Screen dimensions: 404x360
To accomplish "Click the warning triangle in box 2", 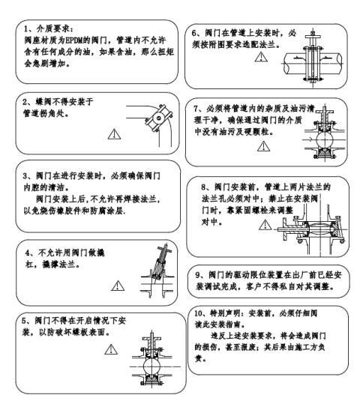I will (x=114, y=133).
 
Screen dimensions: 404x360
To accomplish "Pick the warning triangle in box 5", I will (x=113, y=349).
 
